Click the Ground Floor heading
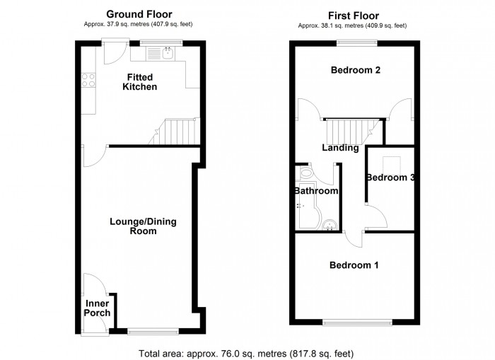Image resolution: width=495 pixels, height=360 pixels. tap(139, 14)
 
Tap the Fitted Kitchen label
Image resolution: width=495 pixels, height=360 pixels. tap(142, 81)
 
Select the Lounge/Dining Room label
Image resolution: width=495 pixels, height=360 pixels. tap(143, 226)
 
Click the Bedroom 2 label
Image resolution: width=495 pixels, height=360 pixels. tap(356, 70)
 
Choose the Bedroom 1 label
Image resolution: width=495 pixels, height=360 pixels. tap(354, 265)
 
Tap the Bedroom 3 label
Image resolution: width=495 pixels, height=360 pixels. tap(390, 178)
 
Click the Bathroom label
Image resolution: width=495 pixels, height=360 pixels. tap(316, 191)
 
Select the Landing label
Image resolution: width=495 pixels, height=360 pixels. tap(340, 148)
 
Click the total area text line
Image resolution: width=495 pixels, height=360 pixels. tap(246, 352)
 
